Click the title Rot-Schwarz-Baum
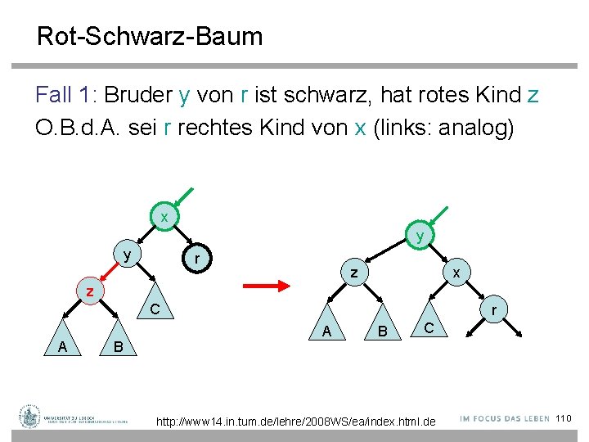coord(150,37)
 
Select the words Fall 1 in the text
coord(65,95)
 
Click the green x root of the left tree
coord(164,217)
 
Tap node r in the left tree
coord(197,259)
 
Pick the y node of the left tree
coord(127,255)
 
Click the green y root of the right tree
coord(420,236)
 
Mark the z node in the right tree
coord(353,273)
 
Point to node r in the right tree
coord(493,310)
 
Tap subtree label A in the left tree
coord(62,346)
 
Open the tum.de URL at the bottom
coord(296,421)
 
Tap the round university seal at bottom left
coord(30,417)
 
